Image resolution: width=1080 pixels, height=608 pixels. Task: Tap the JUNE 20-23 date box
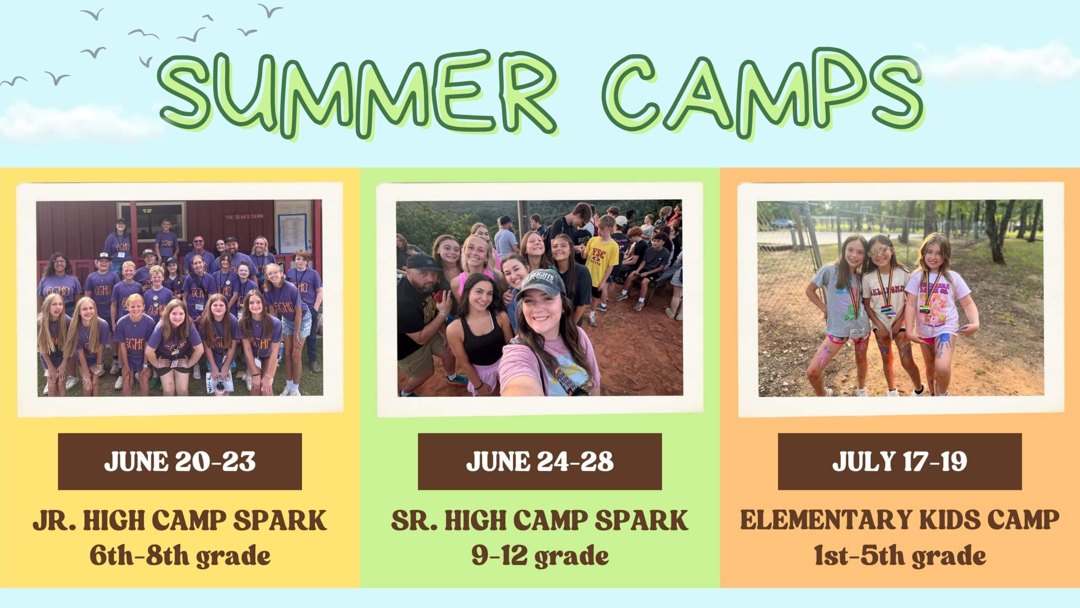click(x=180, y=461)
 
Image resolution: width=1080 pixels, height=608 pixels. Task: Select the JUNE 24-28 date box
click(x=540, y=461)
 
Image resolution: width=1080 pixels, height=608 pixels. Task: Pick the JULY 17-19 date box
click(x=899, y=461)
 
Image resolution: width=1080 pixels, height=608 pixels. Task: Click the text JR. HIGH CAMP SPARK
click(x=180, y=520)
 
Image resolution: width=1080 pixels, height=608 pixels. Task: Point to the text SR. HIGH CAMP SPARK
click(x=540, y=520)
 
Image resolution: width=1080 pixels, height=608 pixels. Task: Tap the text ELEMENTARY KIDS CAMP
click(x=899, y=520)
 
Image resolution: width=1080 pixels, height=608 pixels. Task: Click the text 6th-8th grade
click(x=180, y=556)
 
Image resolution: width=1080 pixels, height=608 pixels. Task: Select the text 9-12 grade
click(x=540, y=556)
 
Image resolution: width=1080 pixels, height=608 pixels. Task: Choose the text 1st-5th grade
click(x=899, y=556)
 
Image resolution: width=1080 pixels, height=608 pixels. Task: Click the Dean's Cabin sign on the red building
click(x=244, y=216)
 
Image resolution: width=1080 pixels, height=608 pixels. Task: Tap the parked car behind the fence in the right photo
click(x=783, y=222)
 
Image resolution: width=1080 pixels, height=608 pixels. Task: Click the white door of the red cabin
click(x=292, y=228)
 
